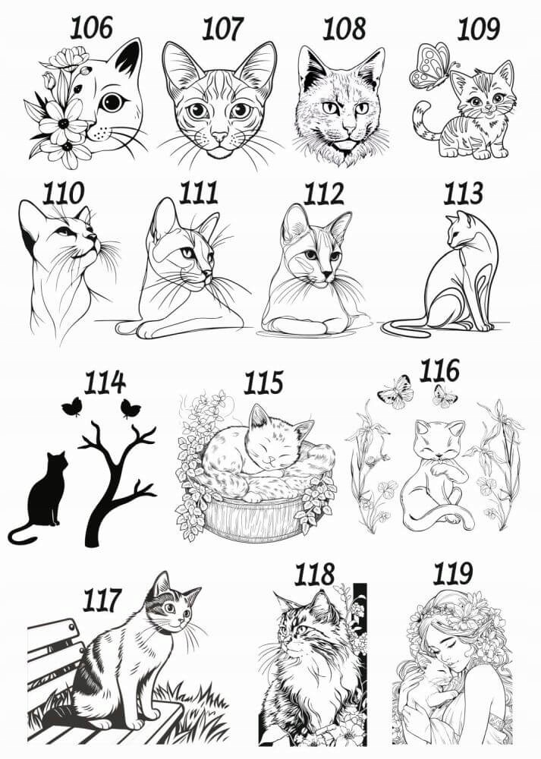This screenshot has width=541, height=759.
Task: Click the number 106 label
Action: point(92,27)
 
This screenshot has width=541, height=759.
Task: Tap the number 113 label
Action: point(463,193)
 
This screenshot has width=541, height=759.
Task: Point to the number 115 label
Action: point(263,383)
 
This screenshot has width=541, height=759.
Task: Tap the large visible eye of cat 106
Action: point(112,102)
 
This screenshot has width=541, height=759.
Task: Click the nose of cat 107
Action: point(220,137)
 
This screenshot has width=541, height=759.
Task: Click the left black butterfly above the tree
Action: point(71,407)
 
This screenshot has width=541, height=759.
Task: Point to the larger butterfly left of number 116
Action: point(396,392)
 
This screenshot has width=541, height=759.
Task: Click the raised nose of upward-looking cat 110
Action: point(92,237)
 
